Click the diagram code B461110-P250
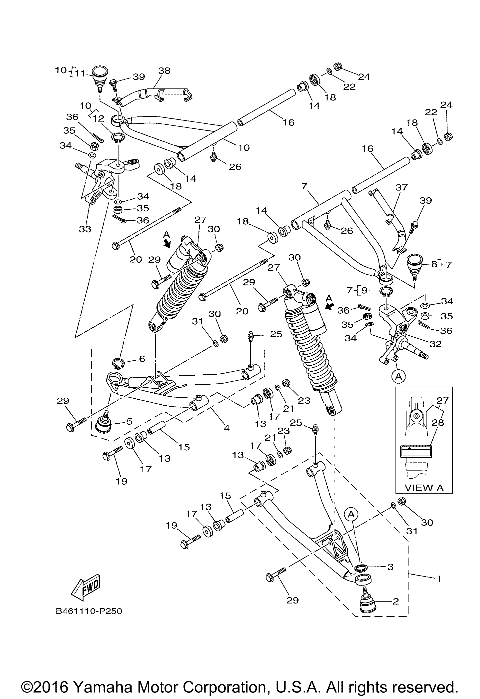[x=89, y=611]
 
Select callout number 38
[x=164, y=71]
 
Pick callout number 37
[x=401, y=187]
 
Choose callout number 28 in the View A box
[x=437, y=423]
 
